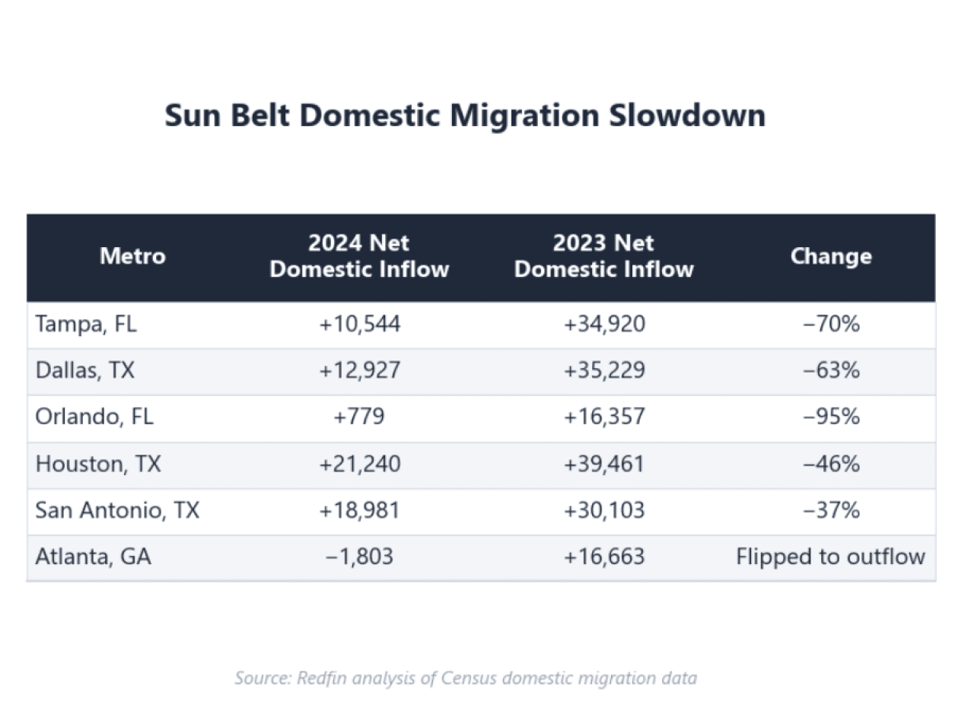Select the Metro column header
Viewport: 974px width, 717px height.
point(132,255)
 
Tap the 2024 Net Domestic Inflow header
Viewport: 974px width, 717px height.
point(359,256)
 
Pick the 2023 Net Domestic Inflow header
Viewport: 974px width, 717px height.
point(603,256)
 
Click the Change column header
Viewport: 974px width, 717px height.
point(831,255)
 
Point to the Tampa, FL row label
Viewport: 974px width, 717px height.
point(86,325)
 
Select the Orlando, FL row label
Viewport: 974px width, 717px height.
point(94,417)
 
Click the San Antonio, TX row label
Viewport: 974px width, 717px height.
point(117,510)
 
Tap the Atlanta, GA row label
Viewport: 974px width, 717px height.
point(93,557)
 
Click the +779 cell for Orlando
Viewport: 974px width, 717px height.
point(359,417)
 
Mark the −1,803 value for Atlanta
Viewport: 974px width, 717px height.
point(359,557)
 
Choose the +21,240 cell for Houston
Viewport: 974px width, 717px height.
point(359,464)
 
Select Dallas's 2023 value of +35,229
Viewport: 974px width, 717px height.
point(604,371)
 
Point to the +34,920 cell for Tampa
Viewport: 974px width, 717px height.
point(604,325)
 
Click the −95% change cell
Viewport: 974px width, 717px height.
point(831,417)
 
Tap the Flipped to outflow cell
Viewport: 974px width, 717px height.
point(831,557)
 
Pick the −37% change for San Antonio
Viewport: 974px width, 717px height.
point(831,510)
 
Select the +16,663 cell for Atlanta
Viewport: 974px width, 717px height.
point(604,557)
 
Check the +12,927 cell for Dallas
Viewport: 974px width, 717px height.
point(359,371)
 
